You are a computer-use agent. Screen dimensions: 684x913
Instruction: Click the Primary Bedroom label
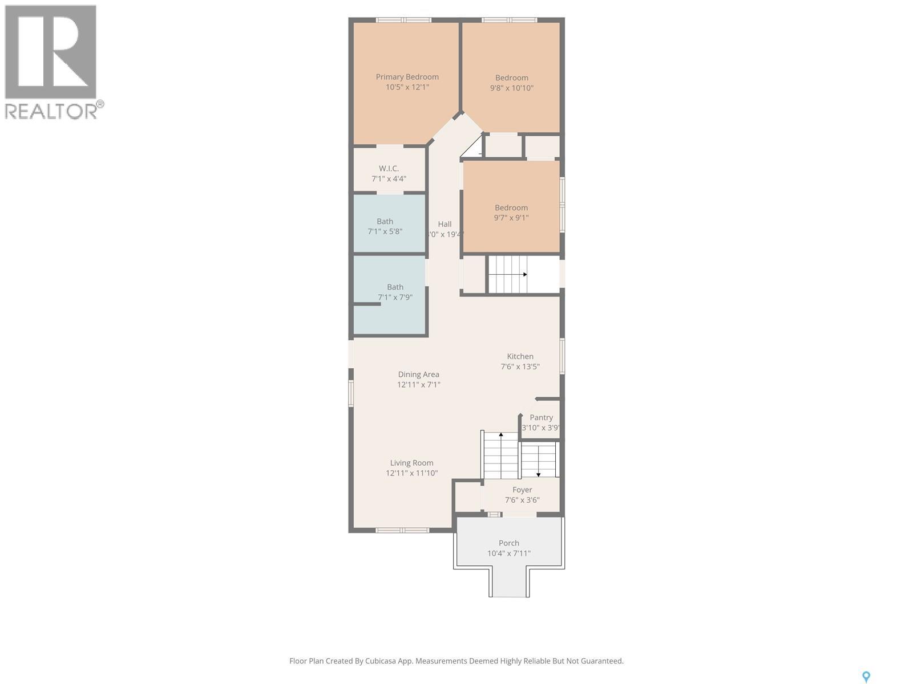(x=407, y=77)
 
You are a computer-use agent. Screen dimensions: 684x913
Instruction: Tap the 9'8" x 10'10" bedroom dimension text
(x=511, y=88)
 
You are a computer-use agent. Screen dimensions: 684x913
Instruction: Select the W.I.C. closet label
(x=389, y=169)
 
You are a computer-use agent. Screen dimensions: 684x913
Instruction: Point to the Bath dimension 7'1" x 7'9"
(x=395, y=298)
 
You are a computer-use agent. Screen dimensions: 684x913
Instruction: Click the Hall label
(x=445, y=224)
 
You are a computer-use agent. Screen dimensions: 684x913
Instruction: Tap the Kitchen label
(x=520, y=357)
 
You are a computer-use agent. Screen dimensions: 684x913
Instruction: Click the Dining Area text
(x=418, y=374)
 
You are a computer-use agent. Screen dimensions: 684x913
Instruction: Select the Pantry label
(x=541, y=418)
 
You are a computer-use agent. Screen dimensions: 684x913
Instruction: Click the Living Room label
(x=411, y=463)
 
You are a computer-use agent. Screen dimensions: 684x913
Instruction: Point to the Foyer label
(x=522, y=490)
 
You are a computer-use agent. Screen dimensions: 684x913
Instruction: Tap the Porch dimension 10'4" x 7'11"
(x=508, y=553)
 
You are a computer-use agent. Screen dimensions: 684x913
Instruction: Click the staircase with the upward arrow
(x=500, y=456)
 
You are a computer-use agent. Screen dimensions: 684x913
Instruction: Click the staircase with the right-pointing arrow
(x=508, y=274)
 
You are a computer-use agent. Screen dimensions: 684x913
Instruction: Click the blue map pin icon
(x=866, y=677)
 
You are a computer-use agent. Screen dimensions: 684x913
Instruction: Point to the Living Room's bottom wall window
(x=402, y=530)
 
